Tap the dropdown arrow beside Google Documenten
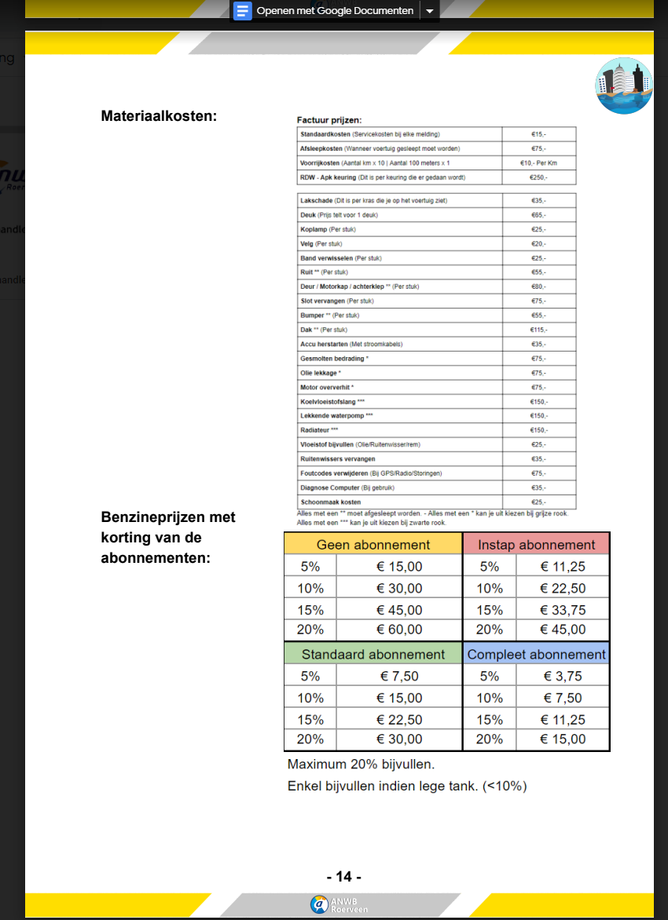(x=429, y=11)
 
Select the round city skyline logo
(x=624, y=86)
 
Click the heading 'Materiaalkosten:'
(x=159, y=116)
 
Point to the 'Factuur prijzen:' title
(x=328, y=120)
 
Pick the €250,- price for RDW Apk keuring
(x=538, y=177)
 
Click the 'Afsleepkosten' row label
(x=321, y=148)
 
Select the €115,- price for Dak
(x=538, y=330)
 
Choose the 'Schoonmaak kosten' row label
(x=330, y=502)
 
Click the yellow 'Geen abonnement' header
(x=373, y=545)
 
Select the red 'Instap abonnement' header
(x=537, y=545)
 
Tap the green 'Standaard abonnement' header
(x=373, y=655)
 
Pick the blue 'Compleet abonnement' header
(x=537, y=655)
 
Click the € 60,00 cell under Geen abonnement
(x=399, y=630)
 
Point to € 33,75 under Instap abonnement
(x=563, y=610)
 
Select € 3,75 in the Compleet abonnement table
(x=563, y=676)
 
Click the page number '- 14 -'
(x=343, y=877)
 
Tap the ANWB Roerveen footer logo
(x=340, y=904)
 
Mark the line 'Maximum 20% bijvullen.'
(x=361, y=764)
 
